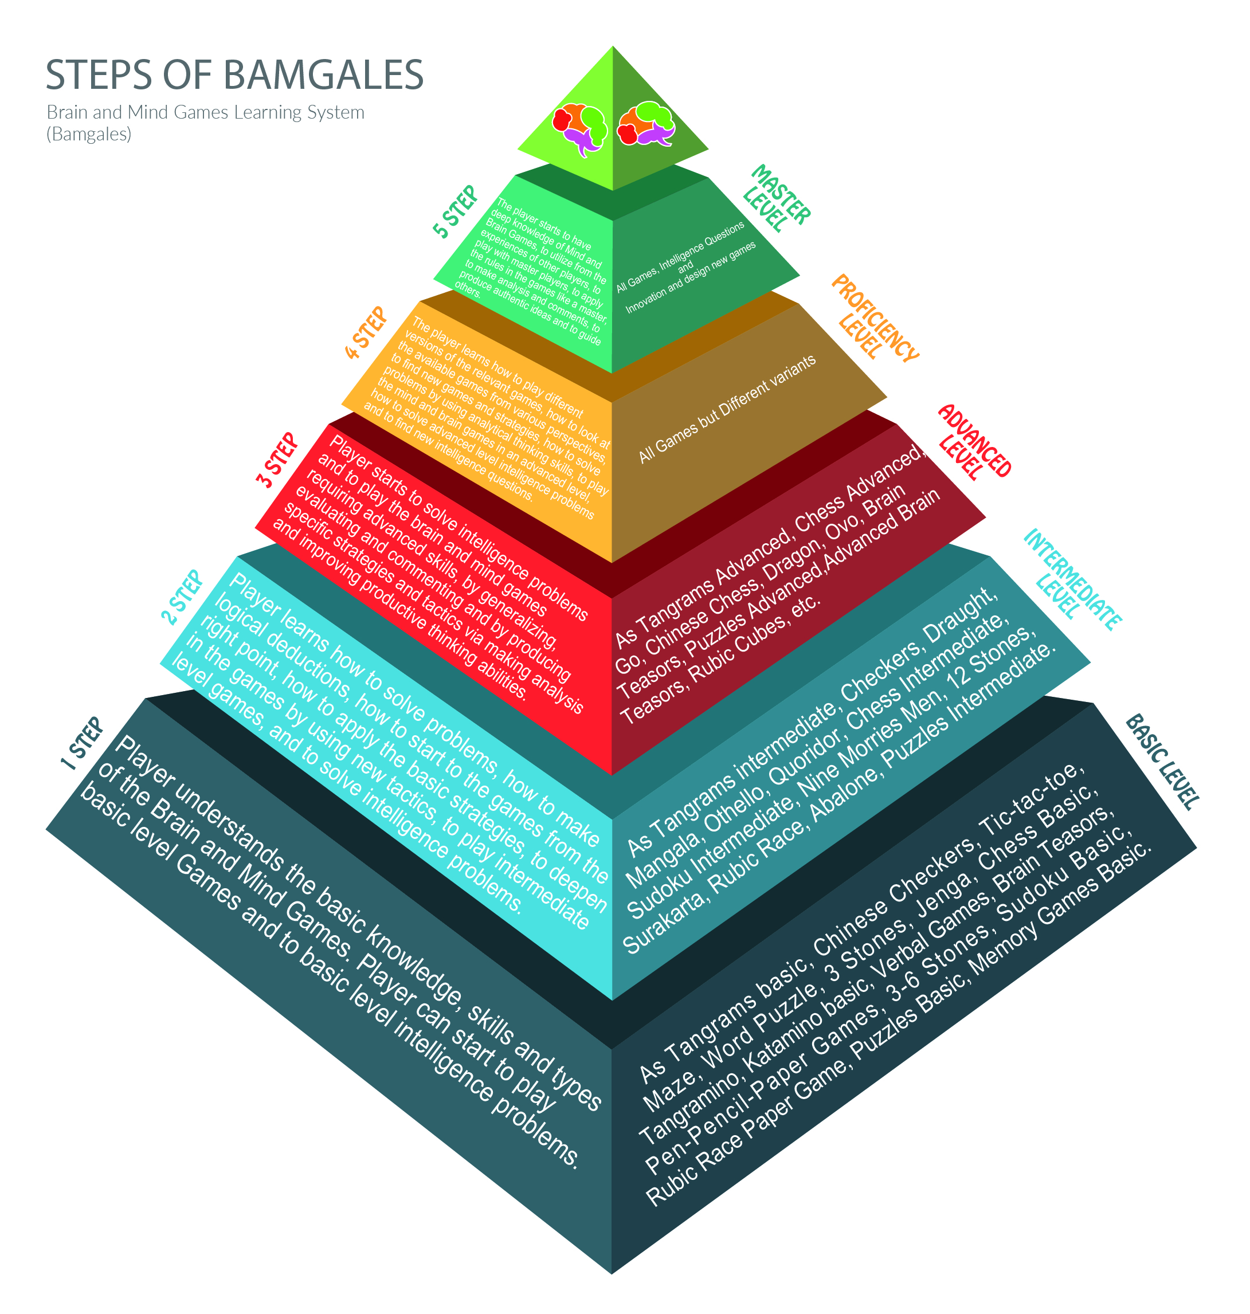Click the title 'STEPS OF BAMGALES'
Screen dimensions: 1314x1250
tap(234, 74)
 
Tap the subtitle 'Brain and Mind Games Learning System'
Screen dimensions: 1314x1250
tap(205, 112)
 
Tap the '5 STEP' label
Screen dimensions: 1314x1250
tap(456, 211)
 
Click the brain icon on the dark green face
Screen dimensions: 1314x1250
tap(646, 123)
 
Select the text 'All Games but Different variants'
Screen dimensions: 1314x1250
tap(727, 409)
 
